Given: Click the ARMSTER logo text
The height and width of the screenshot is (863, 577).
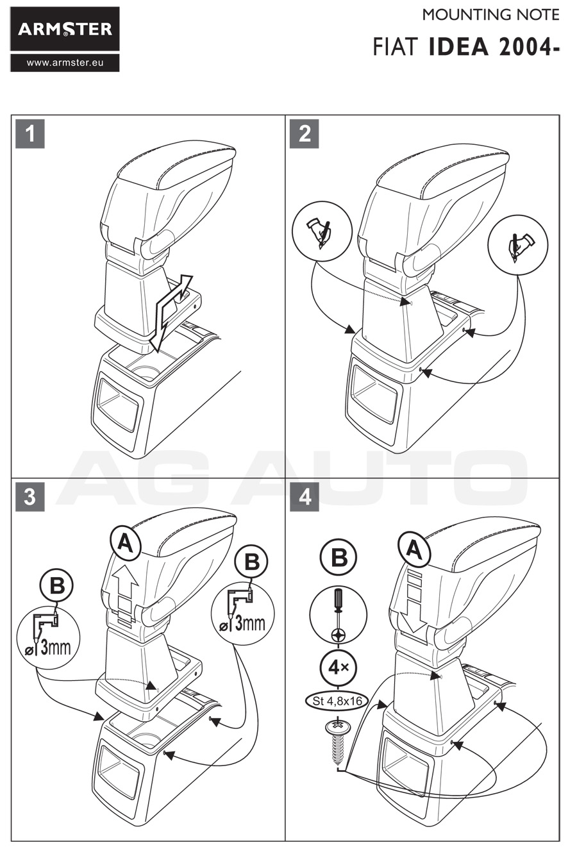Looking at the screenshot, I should click(x=65, y=29).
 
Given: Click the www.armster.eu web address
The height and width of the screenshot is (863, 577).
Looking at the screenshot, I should click(x=65, y=63).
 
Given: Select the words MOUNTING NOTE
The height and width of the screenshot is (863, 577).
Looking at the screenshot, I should click(x=490, y=15).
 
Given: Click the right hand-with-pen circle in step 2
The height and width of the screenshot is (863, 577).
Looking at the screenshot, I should click(x=518, y=242).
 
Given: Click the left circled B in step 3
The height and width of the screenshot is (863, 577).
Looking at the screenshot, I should click(x=57, y=586).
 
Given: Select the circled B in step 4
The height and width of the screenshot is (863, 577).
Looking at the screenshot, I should click(x=339, y=557).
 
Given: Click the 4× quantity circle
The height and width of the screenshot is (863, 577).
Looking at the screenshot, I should click(x=338, y=667).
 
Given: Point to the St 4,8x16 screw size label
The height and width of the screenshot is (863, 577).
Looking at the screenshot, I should click(x=338, y=701).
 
